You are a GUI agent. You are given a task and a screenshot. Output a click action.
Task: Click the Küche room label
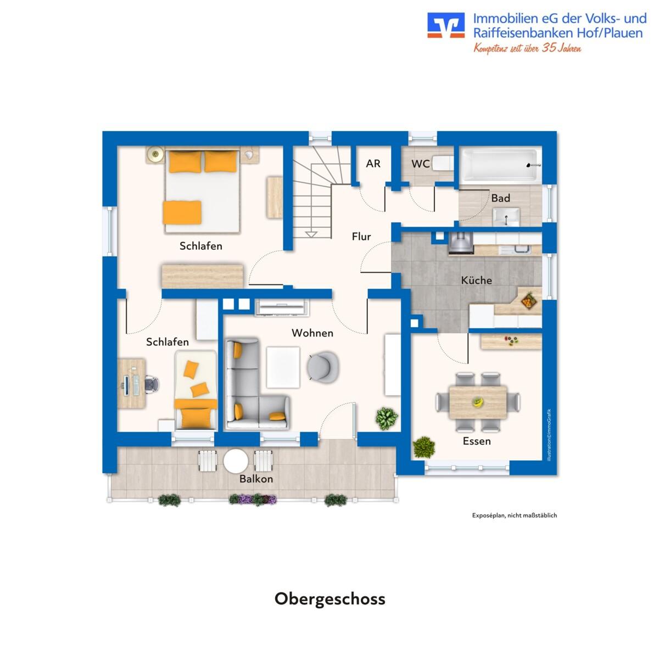476,281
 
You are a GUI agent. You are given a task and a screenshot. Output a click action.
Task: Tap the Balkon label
256,479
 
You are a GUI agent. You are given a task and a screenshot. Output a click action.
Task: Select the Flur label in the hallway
361,236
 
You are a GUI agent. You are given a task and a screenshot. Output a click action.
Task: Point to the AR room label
373,164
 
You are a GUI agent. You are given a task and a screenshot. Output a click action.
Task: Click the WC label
420,164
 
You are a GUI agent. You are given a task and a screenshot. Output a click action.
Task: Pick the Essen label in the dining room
477,441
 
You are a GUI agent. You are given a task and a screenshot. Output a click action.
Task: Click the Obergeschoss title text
329,599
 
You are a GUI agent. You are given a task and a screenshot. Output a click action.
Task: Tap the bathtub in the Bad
500,165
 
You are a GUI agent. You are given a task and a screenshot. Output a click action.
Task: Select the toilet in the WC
443,163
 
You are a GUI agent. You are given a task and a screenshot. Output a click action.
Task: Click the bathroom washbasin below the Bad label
506,217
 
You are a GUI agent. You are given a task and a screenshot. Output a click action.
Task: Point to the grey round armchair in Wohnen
323,366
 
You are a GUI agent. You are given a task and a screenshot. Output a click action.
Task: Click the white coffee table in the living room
283,367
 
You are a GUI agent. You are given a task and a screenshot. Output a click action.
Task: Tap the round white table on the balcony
236,461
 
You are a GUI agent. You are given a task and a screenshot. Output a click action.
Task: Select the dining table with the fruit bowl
478,402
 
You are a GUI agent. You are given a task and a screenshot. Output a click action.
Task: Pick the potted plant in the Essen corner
424,447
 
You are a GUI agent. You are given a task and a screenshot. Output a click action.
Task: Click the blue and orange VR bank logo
446,25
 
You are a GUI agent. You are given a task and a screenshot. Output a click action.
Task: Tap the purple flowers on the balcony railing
253,500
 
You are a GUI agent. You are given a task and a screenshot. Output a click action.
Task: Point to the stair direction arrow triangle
311,234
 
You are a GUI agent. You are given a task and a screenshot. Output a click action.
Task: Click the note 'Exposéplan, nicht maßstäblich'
515,515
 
